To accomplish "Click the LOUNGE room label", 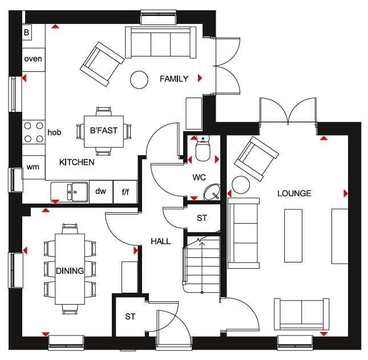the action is (x=294, y=193).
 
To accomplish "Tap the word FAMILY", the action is (x=174, y=79).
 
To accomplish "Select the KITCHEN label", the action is (x=77, y=162).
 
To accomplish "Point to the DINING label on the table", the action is (x=70, y=271).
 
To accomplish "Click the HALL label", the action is (x=160, y=241).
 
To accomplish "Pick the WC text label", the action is (x=199, y=177).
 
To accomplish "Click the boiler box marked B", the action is (x=27, y=32).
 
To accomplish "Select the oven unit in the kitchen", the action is (x=34, y=59).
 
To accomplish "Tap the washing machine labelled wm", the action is (x=34, y=167).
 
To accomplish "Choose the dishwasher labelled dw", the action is (x=101, y=192).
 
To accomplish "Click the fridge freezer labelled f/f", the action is (x=126, y=192).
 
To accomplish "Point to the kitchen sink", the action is (x=70, y=192).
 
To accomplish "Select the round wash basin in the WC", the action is (x=212, y=192).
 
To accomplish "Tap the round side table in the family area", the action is (x=139, y=80).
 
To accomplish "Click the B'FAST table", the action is (x=104, y=131).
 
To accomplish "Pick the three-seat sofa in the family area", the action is (x=161, y=42).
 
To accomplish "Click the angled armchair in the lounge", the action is (x=257, y=159).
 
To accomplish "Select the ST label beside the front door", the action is (x=130, y=317).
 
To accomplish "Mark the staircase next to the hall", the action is (x=202, y=264).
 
